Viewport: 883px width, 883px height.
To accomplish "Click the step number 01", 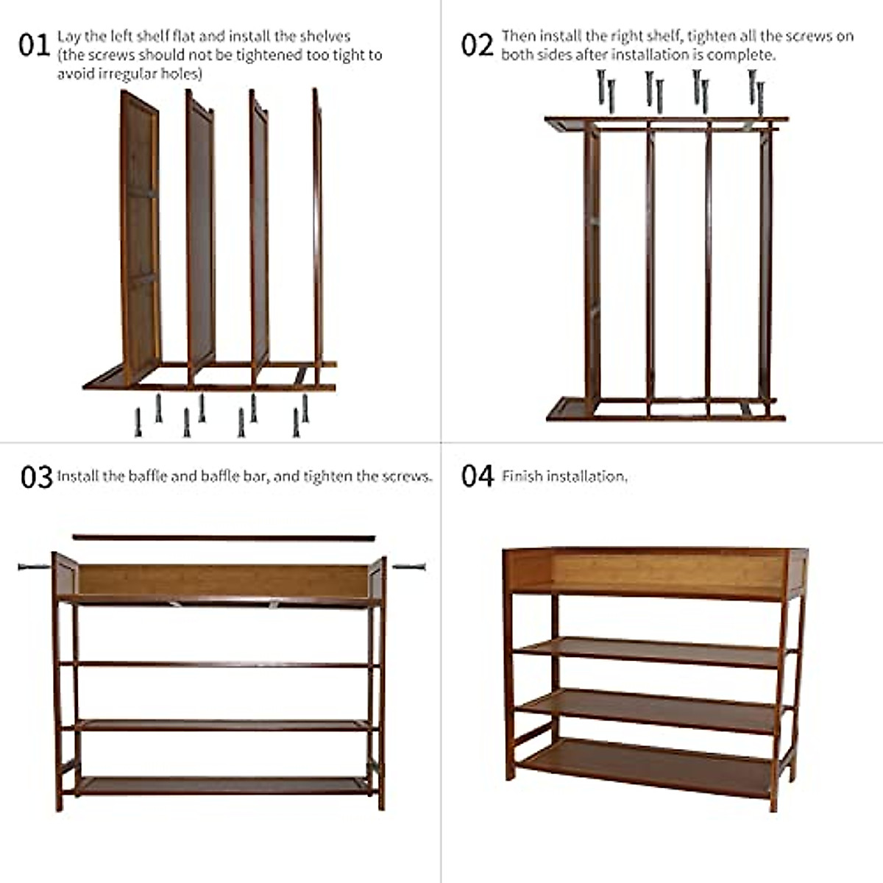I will click(33, 45).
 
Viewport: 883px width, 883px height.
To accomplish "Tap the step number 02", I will click(477, 45).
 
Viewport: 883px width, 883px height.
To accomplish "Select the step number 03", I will click(36, 477).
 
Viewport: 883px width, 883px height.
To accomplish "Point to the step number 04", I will click(477, 476).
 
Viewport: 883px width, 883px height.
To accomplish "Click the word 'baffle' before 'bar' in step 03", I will click(228, 476).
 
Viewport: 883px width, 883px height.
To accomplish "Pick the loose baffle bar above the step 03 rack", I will click(224, 538).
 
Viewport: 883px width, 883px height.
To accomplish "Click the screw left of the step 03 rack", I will click(35, 567).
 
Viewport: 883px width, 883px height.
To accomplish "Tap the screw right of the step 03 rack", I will click(409, 567).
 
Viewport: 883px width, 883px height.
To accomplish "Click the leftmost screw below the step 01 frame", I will click(138, 422).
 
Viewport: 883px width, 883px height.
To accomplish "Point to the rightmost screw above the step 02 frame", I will click(761, 98).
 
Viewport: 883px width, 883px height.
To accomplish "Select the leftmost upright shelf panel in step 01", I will click(140, 235).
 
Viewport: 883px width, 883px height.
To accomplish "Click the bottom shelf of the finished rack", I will click(648, 765).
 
